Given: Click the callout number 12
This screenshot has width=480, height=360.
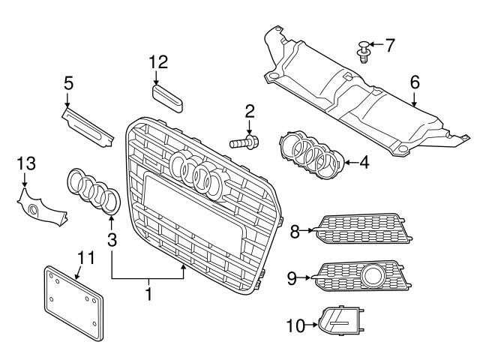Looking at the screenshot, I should pyautogui.click(x=158, y=61).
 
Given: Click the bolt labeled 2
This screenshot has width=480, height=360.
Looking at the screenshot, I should pyautogui.click(x=244, y=140).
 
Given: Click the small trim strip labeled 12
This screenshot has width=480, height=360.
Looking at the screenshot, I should pyautogui.click(x=167, y=96).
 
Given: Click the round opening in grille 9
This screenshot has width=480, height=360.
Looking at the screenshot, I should pyautogui.click(x=373, y=278).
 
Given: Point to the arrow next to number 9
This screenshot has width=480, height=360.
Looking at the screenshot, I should pyautogui.click(x=307, y=278).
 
